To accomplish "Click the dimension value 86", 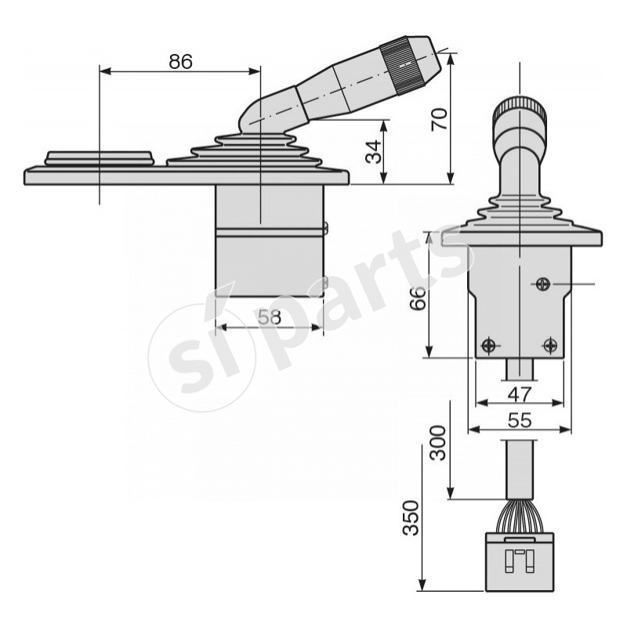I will point(180,62).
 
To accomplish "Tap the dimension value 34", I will point(376,151).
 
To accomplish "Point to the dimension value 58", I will point(270,317).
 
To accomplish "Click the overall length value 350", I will point(409,519).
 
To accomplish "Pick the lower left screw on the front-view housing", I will point(489,345).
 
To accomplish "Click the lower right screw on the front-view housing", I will point(550,345).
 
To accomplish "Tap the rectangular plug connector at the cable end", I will point(520,561).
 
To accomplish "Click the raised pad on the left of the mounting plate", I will point(99,158).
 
